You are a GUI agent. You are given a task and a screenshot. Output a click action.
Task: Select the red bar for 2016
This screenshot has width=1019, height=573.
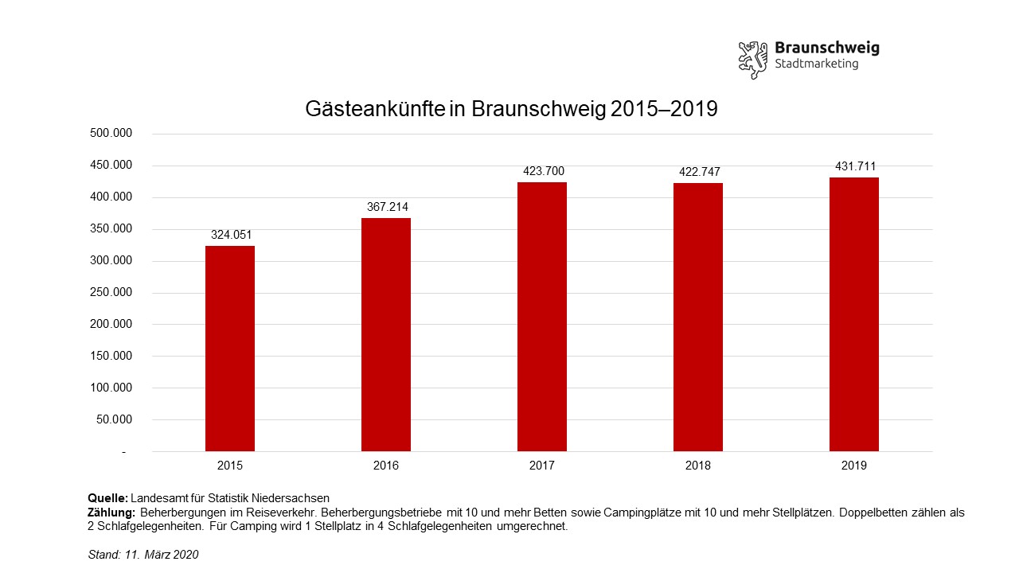pos(386,335)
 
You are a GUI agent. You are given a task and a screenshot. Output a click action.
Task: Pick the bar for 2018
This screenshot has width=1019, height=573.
pos(698,318)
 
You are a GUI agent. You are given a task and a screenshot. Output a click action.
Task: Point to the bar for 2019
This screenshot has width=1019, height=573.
pos(854,314)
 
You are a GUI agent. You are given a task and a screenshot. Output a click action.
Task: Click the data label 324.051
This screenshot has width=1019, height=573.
pos(230,235)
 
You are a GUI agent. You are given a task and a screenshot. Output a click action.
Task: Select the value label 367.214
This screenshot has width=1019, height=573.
pos(386,207)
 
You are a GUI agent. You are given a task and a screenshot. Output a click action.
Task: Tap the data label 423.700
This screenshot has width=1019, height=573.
pos(542,171)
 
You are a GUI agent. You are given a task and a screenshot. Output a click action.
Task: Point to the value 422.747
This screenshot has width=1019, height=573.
pos(698,172)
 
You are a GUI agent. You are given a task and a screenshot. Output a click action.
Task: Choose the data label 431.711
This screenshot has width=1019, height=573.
pos(854,166)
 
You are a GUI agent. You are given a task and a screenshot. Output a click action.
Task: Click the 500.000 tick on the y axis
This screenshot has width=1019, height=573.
pos(111,134)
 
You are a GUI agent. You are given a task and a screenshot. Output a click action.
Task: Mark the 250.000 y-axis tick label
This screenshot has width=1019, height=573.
pos(111,293)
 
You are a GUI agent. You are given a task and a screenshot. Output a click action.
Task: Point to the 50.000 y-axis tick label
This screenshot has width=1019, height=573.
pos(114,420)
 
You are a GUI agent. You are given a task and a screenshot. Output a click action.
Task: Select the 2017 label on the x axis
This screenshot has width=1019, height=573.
pos(542,466)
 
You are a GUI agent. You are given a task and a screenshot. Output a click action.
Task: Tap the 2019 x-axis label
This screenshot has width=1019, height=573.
pos(854,466)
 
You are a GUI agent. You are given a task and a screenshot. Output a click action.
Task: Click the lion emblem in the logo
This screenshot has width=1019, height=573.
pos(752,59)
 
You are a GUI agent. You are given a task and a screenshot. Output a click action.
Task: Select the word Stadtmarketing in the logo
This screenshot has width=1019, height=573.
pos(816,64)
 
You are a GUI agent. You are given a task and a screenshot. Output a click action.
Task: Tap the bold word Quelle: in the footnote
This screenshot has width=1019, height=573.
pos(107,498)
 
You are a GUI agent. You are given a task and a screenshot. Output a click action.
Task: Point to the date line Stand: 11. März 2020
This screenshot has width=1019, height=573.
pos(143,555)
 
